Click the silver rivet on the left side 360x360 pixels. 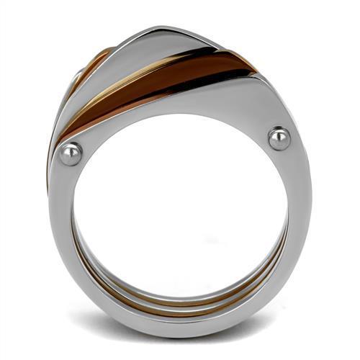[71, 153]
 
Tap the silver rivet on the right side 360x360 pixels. [279, 138]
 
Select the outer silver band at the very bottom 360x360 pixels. [180, 317]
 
